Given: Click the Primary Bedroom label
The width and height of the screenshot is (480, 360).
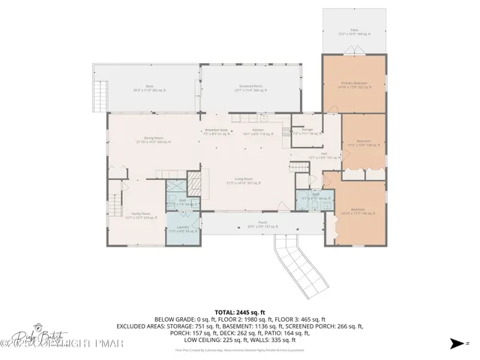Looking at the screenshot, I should [x=352, y=85].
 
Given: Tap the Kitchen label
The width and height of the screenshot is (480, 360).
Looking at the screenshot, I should [x=257, y=131].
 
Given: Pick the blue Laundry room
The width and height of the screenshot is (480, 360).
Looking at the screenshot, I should [x=183, y=230].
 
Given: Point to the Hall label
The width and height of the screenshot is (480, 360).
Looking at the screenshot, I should [x=323, y=156].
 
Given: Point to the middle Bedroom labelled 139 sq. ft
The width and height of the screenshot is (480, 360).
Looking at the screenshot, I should [x=363, y=142].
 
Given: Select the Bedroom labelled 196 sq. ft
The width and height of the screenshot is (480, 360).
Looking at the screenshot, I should [x=363, y=211].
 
